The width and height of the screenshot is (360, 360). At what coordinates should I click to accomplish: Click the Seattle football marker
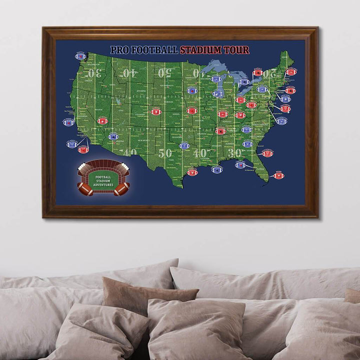click(x=80, y=56)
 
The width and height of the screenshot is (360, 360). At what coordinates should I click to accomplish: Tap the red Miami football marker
click(x=279, y=175)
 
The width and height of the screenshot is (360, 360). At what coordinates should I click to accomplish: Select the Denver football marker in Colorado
click(x=155, y=111)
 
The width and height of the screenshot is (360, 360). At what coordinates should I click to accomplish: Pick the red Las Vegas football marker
click(x=102, y=120)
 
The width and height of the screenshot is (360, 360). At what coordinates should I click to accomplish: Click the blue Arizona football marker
click(x=113, y=136)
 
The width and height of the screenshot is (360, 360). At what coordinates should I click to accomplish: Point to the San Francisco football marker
click(x=68, y=122)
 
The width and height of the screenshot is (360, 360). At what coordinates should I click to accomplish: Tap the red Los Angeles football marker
click(x=83, y=149)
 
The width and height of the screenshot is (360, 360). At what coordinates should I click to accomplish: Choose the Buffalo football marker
click(x=258, y=73)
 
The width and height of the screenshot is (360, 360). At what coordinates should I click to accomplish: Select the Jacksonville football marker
click(x=267, y=153)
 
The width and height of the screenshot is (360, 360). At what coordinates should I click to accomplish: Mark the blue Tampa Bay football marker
click(x=240, y=164)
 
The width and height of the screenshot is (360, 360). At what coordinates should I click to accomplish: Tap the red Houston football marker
click(x=192, y=172)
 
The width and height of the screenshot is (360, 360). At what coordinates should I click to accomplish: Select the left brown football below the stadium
click(x=85, y=188)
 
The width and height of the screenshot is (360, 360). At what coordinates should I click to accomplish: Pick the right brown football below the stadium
click(x=121, y=188)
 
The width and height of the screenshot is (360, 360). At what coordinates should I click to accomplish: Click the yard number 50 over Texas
click(x=165, y=153)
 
